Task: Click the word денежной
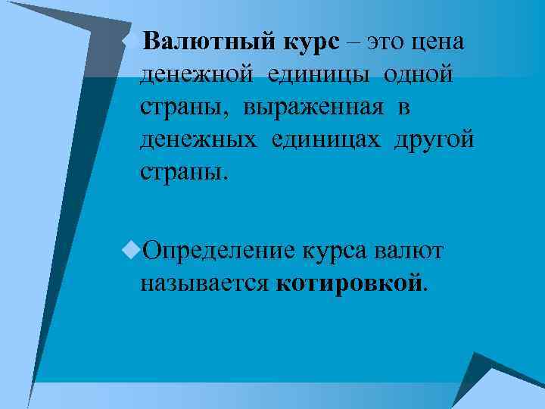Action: pyautogui.click(x=198, y=75)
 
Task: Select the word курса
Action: pyautogui.click(x=336, y=251)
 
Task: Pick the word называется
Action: pyautogui.click(x=204, y=283)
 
